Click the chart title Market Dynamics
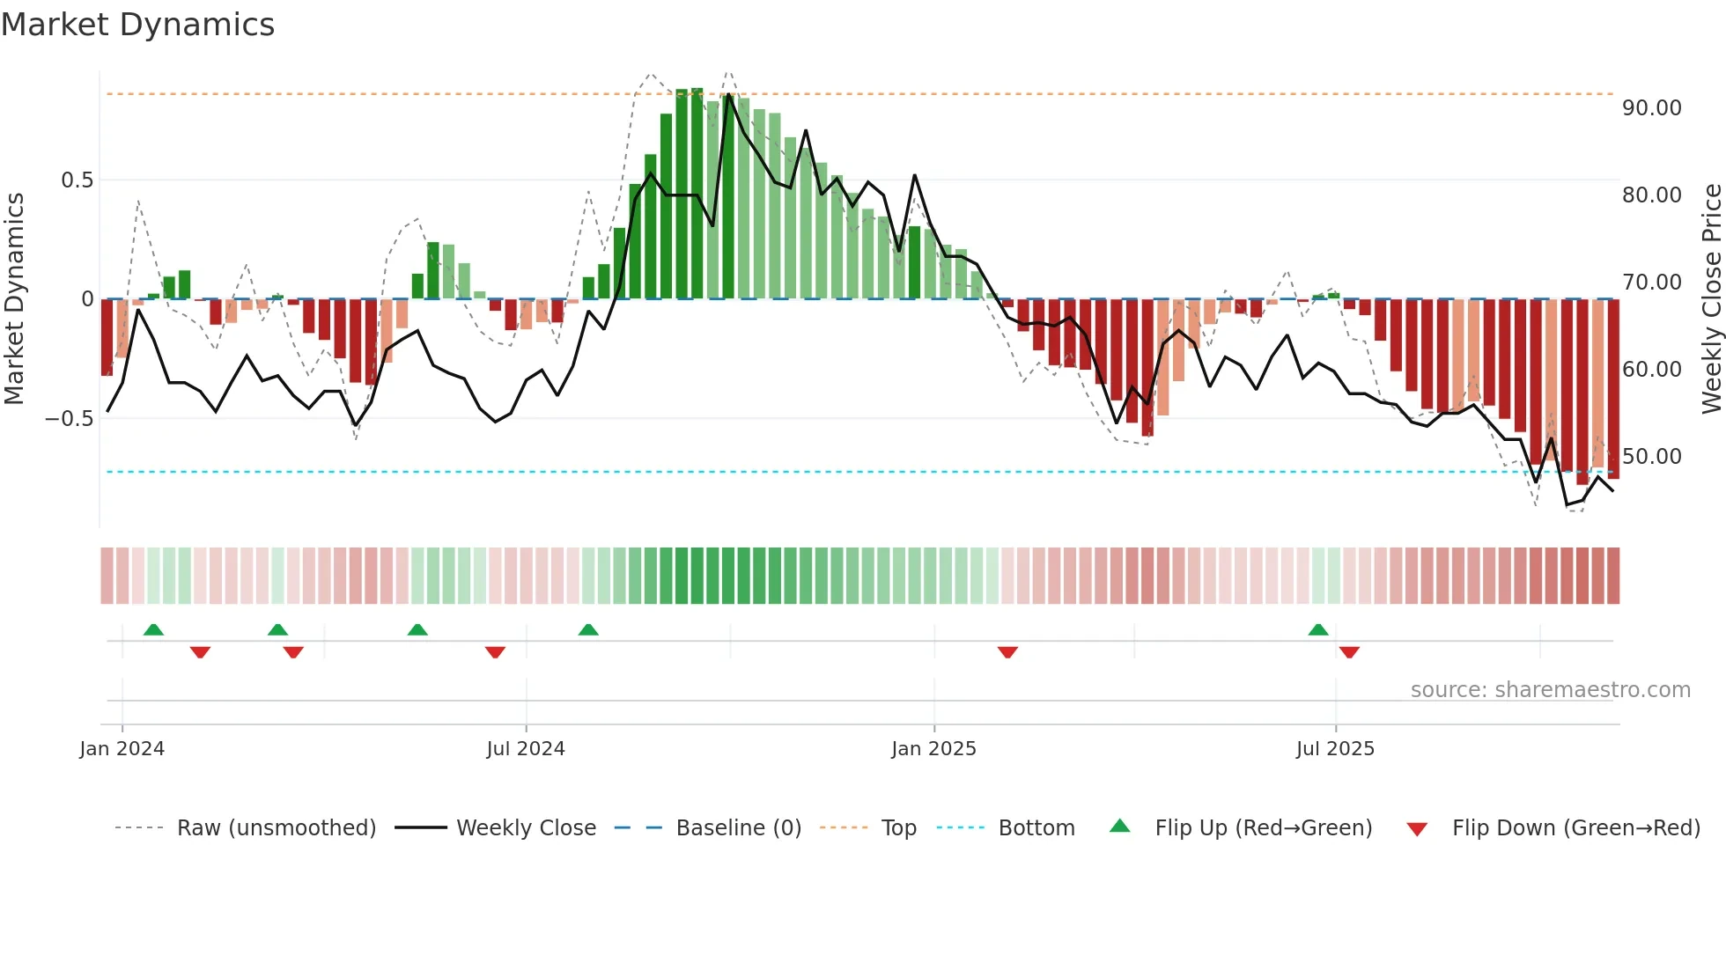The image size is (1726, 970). (137, 25)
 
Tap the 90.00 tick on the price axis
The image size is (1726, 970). (1651, 108)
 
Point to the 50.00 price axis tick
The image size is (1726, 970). (1651, 457)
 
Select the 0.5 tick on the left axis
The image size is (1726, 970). (77, 180)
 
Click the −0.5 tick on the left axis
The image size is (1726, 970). (70, 419)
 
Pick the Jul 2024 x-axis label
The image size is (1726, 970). (526, 749)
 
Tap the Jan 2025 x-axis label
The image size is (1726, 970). (933, 749)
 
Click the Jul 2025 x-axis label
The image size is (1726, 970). (1335, 749)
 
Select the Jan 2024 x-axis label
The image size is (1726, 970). (122, 749)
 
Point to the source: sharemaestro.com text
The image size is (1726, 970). (1550, 690)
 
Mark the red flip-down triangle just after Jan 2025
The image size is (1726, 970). (1007, 652)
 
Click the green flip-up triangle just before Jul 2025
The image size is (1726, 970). (1318, 629)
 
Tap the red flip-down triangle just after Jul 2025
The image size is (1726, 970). (1349, 652)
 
